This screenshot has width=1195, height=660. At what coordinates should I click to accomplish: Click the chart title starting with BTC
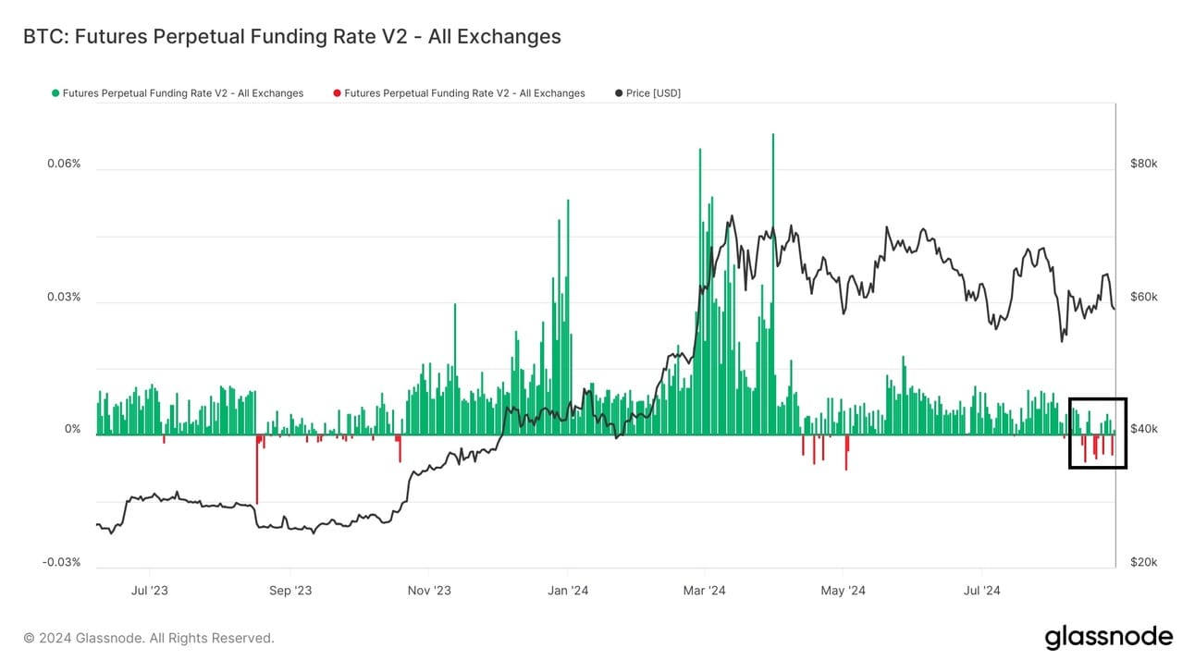pyautogui.click(x=290, y=37)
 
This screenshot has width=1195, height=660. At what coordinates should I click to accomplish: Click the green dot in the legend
pyautogui.click(x=55, y=93)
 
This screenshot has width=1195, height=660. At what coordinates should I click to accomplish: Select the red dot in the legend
pyautogui.click(x=337, y=93)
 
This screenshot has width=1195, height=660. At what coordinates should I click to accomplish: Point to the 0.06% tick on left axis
pyautogui.click(x=64, y=164)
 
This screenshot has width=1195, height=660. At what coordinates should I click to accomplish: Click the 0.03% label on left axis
pyautogui.click(x=64, y=297)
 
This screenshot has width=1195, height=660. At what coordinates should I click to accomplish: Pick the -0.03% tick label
pyautogui.click(x=62, y=562)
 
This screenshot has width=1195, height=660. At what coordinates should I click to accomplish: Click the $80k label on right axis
pyautogui.click(x=1144, y=164)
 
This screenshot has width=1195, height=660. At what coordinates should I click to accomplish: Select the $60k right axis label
pyautogui.click(x=1144, y=297)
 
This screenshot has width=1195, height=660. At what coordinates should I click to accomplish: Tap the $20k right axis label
pyautogui.click(x=1144, y=562)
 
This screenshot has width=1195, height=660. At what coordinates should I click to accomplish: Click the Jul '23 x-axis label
pyautogui.click(x=150, y=591)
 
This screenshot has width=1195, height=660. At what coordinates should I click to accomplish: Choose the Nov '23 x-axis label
pyautogui.click(x=428, y=591)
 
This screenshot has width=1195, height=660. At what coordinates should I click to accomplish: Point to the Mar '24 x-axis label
pyautogui.click(x=705, y=591)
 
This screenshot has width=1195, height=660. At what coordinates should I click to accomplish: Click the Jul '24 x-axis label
pyautogui.click(x=981, y=591)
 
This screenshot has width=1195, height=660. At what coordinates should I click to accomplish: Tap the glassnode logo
pyautogui.click(x=1108, y=637)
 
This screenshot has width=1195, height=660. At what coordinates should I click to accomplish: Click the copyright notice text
pyautogui.click(x=149, y=638)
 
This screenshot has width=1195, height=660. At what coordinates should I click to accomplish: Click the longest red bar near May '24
pyautogui.click(x=846, y=453)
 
